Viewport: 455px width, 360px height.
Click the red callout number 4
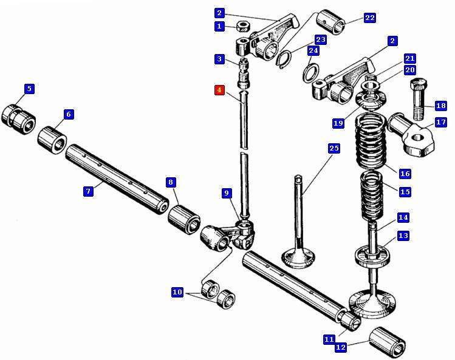pyautogui.click(x=219, y=90)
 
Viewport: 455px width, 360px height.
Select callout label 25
pyautogui.click(x=334, y=148)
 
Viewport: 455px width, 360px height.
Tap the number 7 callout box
pyautogui.click(x=88, y=191)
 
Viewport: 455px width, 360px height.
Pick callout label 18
pyautogui.click(x=440, y=106)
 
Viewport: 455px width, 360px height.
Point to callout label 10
pyautogui.click(x=177, y=292)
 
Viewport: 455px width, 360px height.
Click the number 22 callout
pyautogui.click(x=369, y=18)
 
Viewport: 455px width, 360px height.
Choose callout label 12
pyautogui.click(x=340, y=347)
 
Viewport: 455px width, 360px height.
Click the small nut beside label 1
pyautogui.click(x=245, y=26)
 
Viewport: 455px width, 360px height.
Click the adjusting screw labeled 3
pyautogui.click(x=244, y=72)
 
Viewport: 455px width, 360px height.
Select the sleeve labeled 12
pyautogui.click(x=388, y=342)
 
